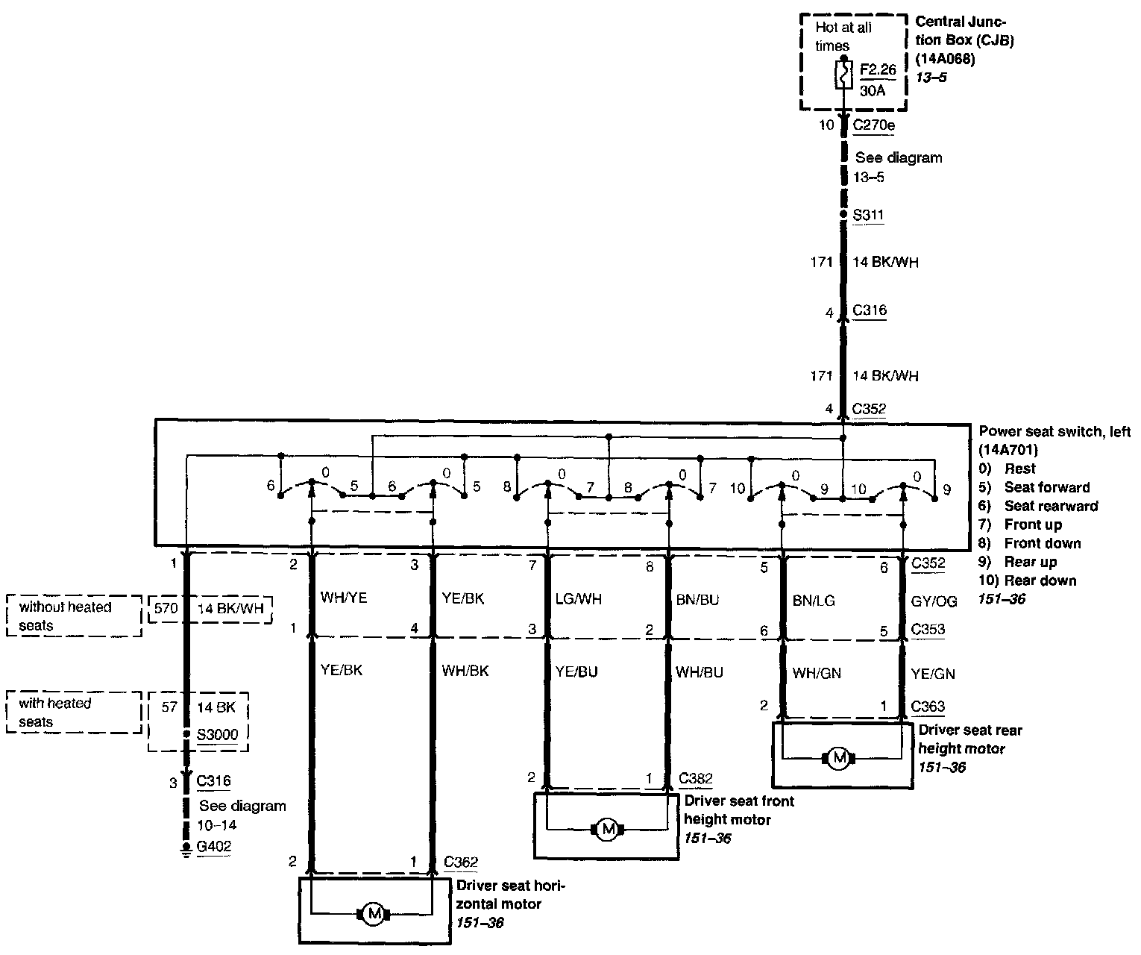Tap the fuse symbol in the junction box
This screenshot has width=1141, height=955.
843,75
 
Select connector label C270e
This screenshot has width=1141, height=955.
873,125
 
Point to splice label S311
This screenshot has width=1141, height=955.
868,216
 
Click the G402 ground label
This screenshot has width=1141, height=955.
214,846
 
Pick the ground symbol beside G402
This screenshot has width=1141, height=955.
186,848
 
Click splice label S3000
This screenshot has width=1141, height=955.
218,734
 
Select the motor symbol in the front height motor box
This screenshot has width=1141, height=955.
608,829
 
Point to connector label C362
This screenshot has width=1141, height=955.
461,862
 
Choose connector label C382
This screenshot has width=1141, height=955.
696,779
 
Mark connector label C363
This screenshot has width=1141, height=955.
928,707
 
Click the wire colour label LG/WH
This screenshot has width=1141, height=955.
579,598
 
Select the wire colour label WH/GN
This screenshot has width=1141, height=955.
817,673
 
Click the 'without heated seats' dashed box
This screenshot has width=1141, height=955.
74,616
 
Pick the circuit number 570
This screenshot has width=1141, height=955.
166,608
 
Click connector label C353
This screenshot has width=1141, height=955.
928,629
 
